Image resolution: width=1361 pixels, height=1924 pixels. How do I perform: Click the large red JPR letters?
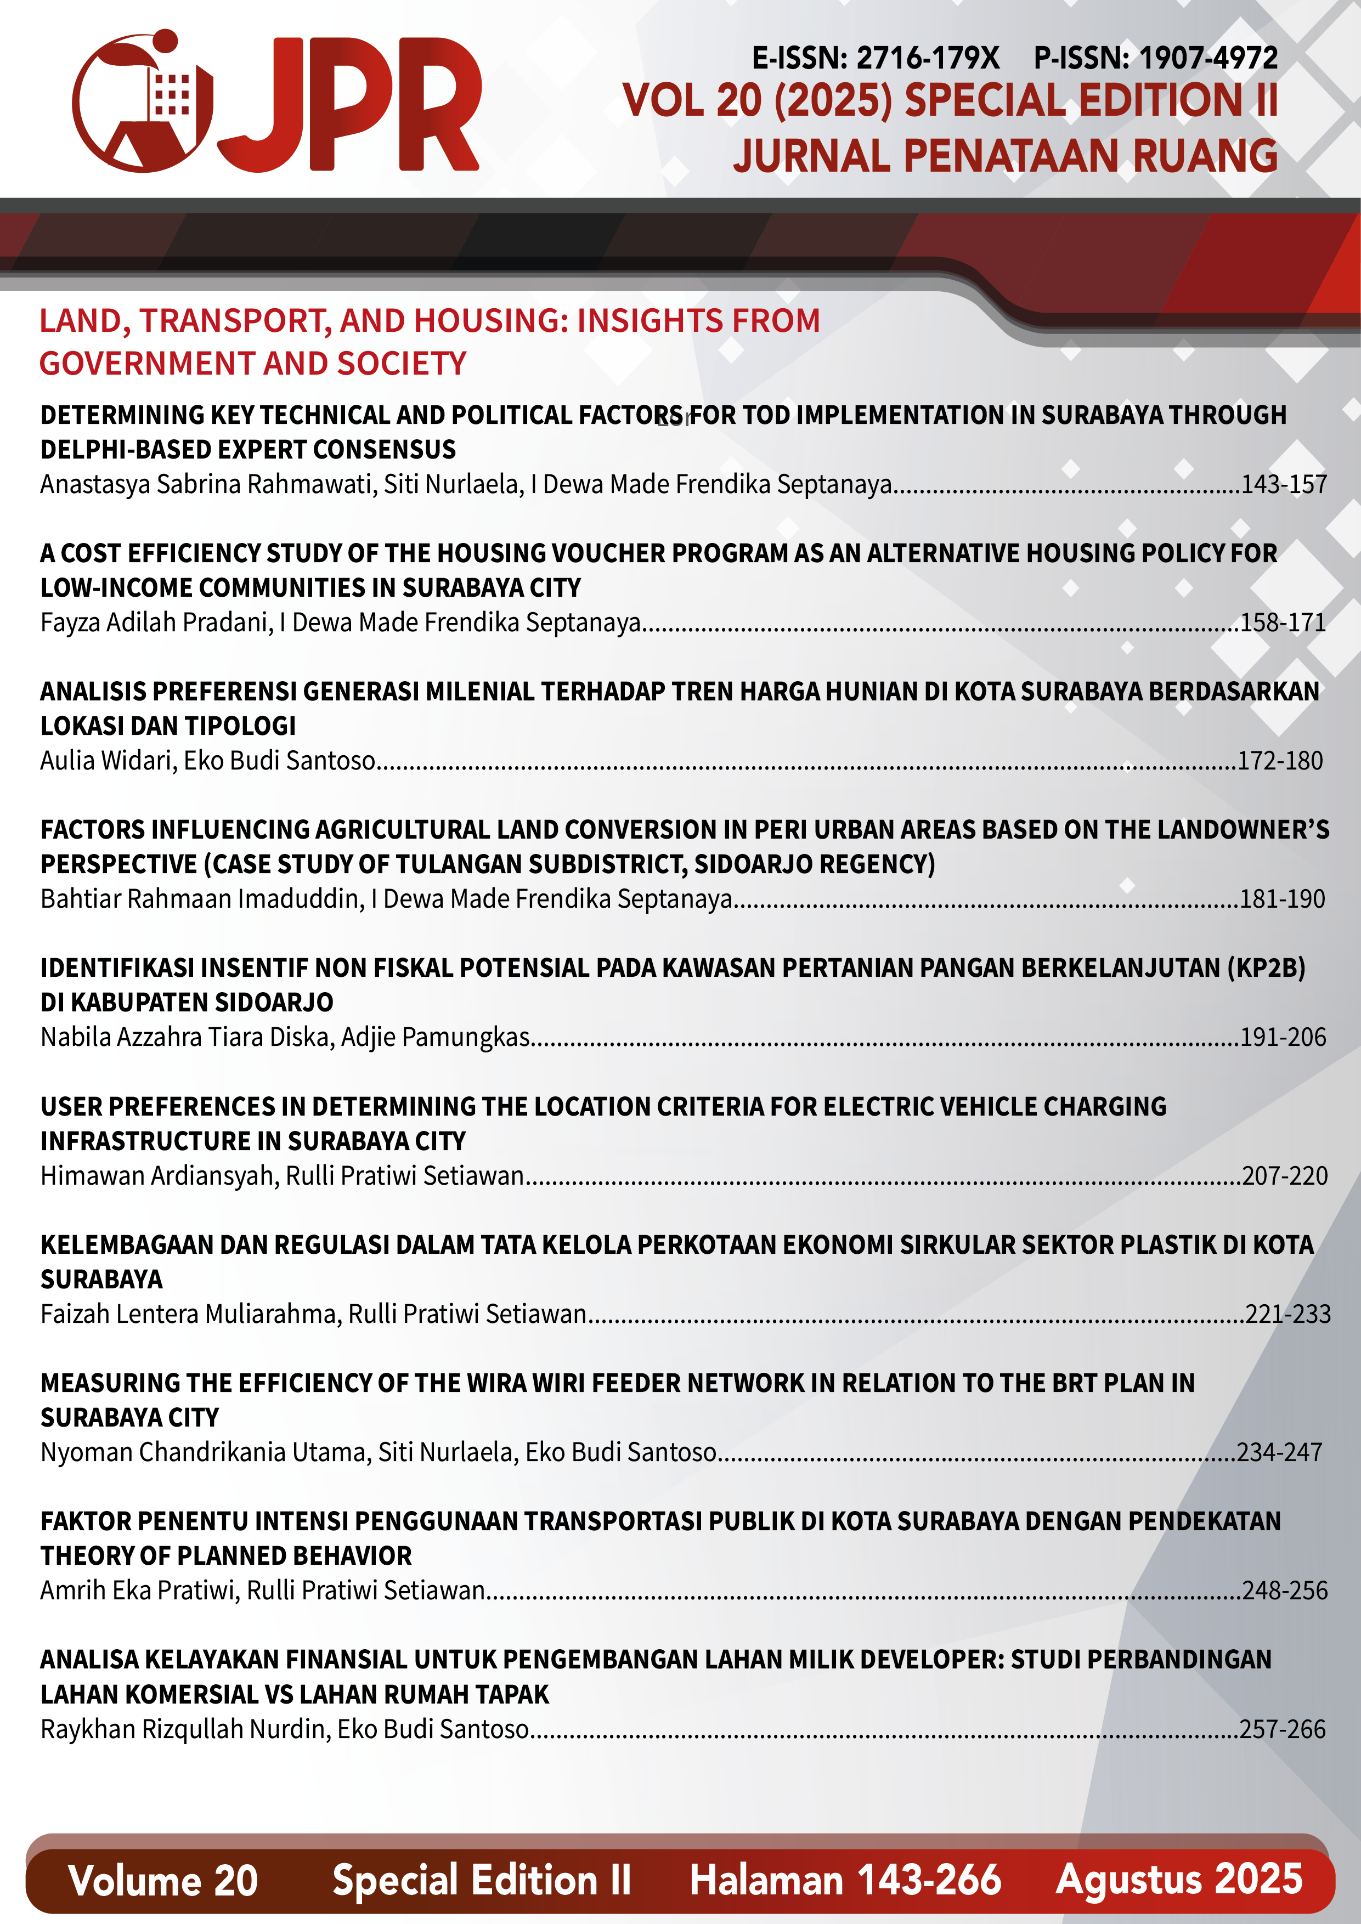pos(352,105)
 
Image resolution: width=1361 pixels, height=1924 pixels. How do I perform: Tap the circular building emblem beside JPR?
pos(143,102)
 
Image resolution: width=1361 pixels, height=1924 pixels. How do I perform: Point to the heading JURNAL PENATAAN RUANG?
pos(1005,156)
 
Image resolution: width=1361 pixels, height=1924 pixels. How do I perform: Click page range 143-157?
pos(1283,484)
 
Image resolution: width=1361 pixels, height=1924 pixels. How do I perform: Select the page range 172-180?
pos(1280,761)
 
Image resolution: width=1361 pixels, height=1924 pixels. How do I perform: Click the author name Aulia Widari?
pos(108,761)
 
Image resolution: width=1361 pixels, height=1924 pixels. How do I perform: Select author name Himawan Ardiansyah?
pos(157,1176)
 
